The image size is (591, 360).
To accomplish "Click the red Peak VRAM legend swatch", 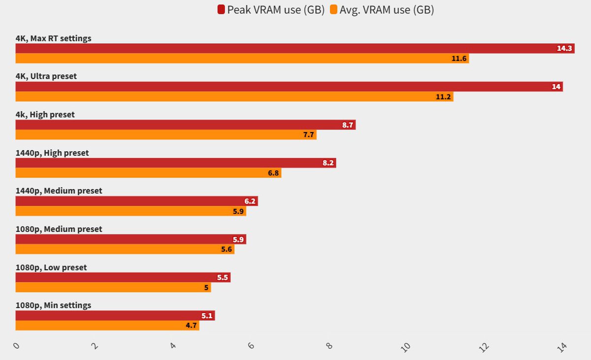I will tap(221, 10).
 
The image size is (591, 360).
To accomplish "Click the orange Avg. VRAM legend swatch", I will tap(334, 10).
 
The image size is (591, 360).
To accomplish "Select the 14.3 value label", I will tap(564, 48).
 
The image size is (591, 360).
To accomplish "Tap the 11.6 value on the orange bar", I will tap(459, 59).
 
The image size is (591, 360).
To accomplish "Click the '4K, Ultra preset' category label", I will tap(46, 76).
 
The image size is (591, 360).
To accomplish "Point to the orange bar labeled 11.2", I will tap(234, 97).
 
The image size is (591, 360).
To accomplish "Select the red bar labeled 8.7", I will tap(185, 125).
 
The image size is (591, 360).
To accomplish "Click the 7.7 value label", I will tap(309, 135).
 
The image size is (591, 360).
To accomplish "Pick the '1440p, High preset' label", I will tap(52, 153).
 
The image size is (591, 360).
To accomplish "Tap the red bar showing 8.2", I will tap(175, 163).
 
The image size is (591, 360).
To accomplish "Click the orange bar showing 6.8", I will tap(148, 173).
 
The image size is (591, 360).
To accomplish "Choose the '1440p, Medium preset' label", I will tap(59, 191).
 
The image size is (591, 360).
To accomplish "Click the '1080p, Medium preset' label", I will tap(59, 229).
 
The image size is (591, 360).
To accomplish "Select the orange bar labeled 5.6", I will tap(125, 249).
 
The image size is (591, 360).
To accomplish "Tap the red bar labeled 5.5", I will tap(123, 278).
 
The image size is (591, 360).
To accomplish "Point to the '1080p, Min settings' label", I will tap(53, 305).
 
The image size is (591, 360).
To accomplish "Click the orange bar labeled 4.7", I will tap(107, 326).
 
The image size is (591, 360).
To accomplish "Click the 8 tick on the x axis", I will tap(329, 346).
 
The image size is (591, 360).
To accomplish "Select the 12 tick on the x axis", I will tap(485, 346).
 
